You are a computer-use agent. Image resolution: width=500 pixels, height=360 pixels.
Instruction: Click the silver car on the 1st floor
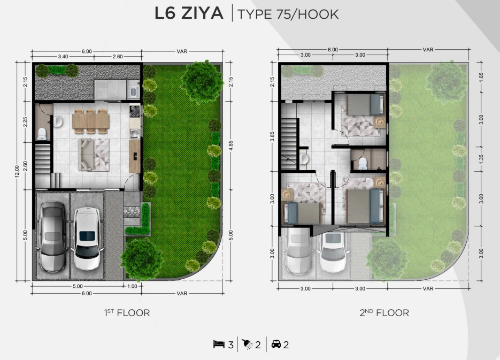[x=52, y=236]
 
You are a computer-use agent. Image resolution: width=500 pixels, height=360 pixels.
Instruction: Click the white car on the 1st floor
[x=87, y=239]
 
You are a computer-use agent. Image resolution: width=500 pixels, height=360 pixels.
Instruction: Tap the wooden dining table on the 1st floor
[x=91, y=121]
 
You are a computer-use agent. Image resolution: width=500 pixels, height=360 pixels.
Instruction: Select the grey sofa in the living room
[x=86, y=155]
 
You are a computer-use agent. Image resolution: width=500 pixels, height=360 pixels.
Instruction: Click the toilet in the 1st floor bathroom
[x=42, y=134]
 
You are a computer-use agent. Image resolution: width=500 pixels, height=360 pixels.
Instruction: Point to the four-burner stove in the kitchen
[x=135, y=111]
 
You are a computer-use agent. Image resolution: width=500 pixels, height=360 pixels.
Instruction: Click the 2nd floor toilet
[x=363, y=163]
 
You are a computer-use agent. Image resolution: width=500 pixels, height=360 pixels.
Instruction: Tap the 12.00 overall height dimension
[x=17, y=171]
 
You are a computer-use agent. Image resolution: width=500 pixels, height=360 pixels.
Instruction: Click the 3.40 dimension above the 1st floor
[x=63, y=57]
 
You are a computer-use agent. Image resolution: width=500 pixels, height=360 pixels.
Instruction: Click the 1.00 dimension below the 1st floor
[x=132, y=286]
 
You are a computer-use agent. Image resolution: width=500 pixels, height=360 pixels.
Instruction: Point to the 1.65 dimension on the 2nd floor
[x=481, y=76]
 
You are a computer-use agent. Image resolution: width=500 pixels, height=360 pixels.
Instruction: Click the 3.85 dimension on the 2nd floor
[x=272, y=136]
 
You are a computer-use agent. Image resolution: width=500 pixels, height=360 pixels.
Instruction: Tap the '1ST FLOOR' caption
[x=127, y=312]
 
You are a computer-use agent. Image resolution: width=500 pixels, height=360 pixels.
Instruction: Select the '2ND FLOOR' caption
[x=384, y=312]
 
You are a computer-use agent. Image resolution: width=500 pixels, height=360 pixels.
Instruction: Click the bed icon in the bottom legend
[x=219, y=344]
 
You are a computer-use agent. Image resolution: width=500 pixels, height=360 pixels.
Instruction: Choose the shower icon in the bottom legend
[x=248, y=344]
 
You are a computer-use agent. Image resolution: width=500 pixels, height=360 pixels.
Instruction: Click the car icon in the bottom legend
[x=276, y=344]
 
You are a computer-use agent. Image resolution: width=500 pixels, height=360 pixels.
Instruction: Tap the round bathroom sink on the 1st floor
[x=58, y=121]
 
